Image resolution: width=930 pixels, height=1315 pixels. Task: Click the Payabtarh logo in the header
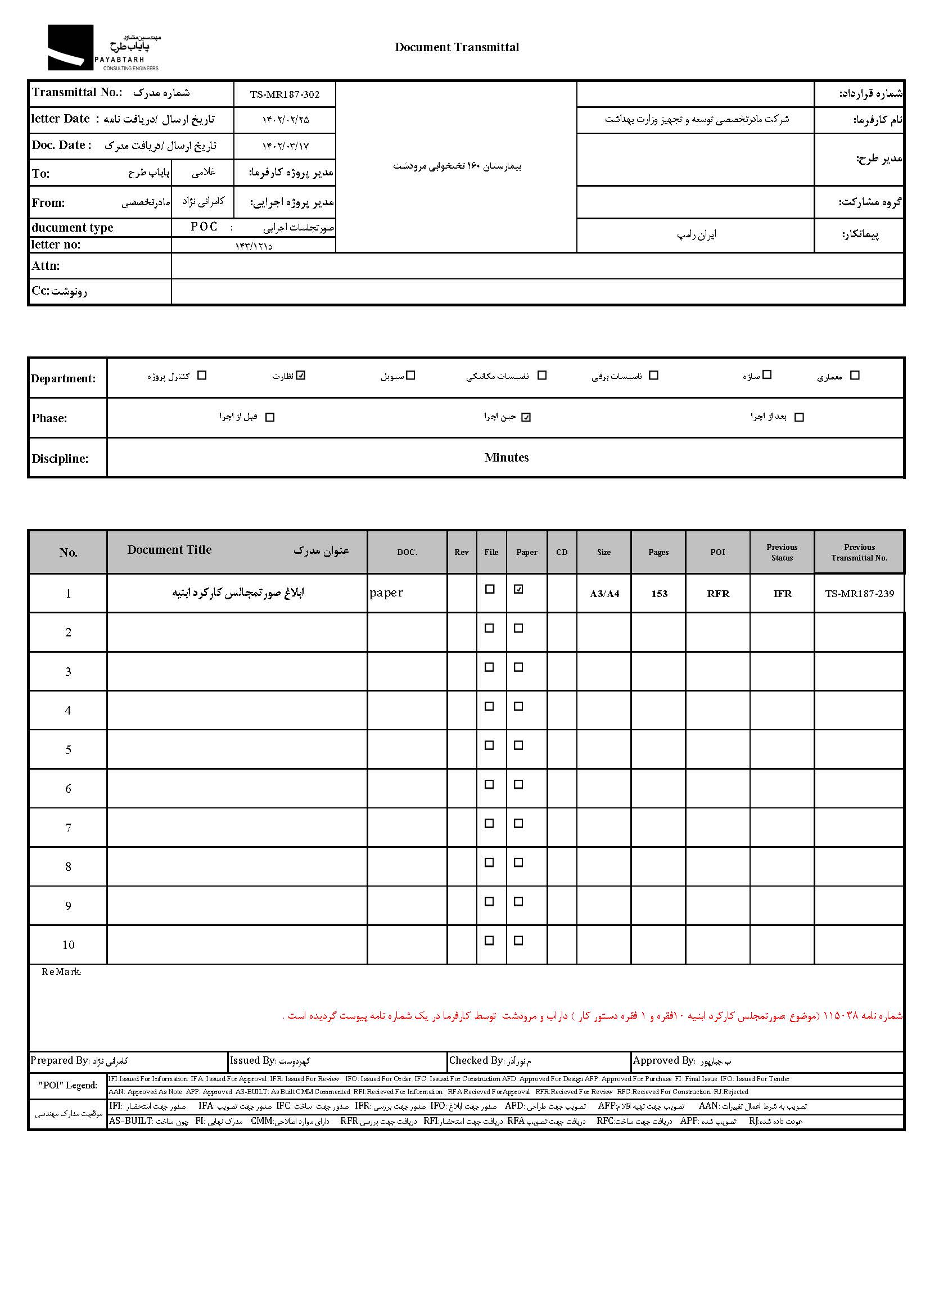103,48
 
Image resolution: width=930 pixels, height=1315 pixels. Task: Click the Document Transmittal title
457,48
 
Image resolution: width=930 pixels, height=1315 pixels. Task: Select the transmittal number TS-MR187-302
285,94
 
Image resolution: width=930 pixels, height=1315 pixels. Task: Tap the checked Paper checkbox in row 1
518,589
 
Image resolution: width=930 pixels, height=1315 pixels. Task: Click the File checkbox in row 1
490,589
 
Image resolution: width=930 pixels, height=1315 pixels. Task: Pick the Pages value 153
659,594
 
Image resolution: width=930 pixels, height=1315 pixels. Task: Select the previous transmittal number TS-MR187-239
859,594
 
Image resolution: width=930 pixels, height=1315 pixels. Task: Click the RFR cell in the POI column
718,594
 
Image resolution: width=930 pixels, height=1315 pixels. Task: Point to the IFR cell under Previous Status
782,594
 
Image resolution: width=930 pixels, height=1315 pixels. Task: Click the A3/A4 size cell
604,594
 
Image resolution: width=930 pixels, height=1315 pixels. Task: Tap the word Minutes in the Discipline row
506,458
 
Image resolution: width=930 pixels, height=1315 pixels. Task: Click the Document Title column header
169,550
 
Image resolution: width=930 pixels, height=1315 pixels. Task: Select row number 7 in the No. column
68,828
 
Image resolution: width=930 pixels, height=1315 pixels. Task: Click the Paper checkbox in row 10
518,941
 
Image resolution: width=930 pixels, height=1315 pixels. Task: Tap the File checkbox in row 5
489,745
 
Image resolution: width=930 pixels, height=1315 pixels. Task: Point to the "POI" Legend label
68,1085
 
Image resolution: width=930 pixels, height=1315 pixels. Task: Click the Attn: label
46,266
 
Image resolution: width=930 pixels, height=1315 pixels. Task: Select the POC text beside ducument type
205,227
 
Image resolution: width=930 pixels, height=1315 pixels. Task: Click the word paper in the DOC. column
386,593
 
